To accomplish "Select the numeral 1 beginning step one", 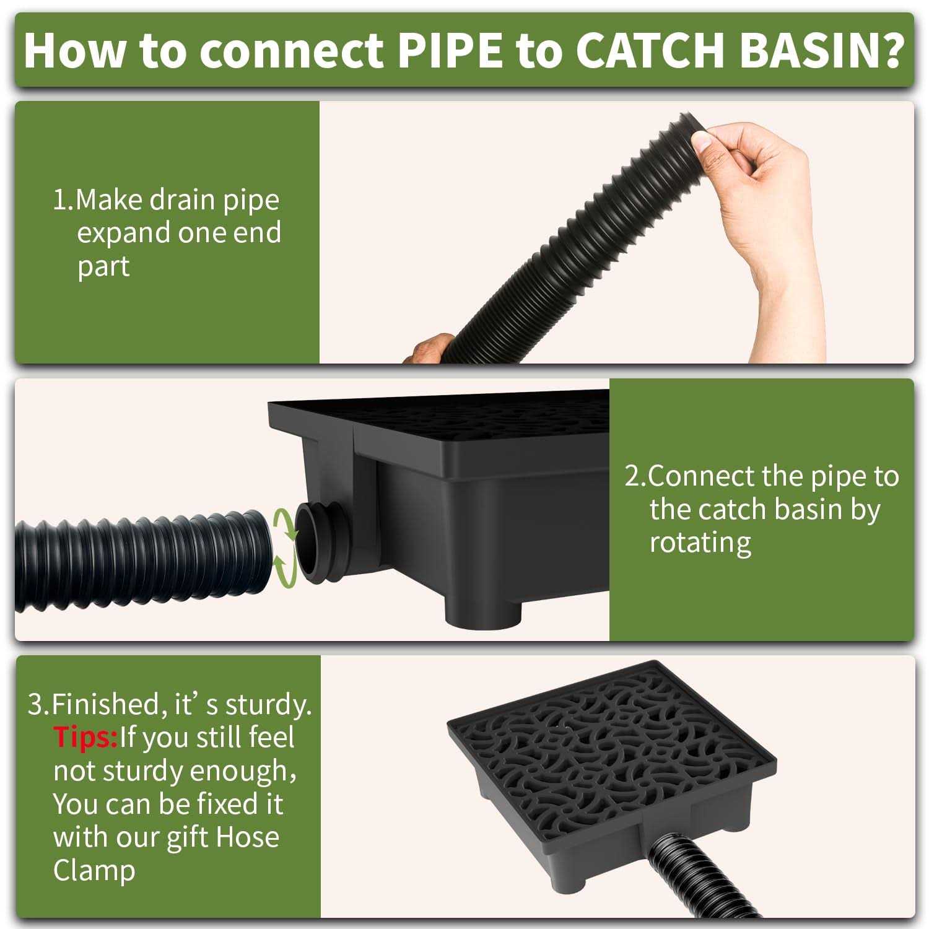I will [60, 201].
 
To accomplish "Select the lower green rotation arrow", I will [284, 569].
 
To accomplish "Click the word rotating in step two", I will [700, 543].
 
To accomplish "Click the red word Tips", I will [85, 738].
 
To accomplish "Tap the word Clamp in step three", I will [94, 870].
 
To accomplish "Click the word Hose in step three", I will [248, 837].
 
